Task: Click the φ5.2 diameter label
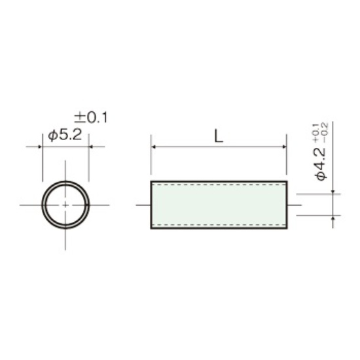click(65, 135)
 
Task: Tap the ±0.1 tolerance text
click(91, 118)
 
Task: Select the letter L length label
click(219, 136)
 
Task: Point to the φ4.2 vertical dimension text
click(321, 164)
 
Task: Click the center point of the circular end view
click(65, 205)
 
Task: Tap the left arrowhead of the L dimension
click(154, 147)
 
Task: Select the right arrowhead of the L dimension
click(284, 147)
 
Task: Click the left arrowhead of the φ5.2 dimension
click(40, 147)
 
